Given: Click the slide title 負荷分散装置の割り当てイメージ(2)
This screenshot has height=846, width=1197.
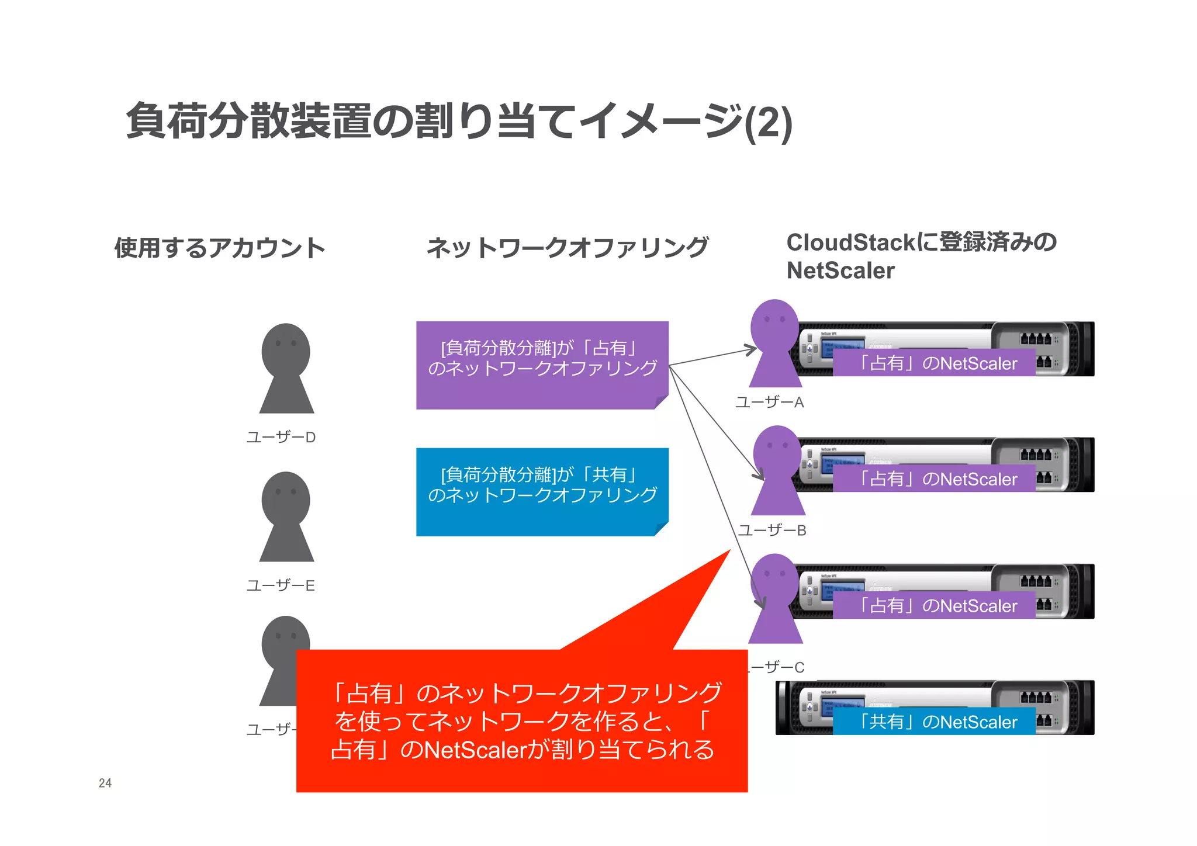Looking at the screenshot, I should [459, 122].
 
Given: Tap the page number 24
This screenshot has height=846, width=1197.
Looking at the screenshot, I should [105, 783].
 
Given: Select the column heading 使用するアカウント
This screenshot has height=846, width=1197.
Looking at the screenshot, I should [220, 248].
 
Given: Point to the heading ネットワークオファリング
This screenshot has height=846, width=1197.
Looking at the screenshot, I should [568, 248].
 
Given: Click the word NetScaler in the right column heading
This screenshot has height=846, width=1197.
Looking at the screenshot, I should [840, 271].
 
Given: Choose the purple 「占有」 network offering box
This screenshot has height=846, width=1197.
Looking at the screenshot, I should [542, 365].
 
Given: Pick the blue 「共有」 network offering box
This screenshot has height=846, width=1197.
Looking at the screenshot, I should [542, 491].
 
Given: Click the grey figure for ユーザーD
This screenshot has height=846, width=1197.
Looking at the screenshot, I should [286, 368].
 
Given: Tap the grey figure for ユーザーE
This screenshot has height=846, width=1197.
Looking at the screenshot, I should [286, 516].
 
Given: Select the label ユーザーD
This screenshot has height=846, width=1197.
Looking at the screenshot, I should [281, 437].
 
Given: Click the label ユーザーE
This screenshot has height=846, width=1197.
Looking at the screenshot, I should [281, 585].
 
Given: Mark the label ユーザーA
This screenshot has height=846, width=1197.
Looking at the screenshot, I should [770, 403].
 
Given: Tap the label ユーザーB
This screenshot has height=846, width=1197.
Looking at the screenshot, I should [772, 531].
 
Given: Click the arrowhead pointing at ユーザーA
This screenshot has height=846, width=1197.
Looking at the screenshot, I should [752, 350].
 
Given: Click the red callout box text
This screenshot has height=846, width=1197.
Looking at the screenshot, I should [522, 721].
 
